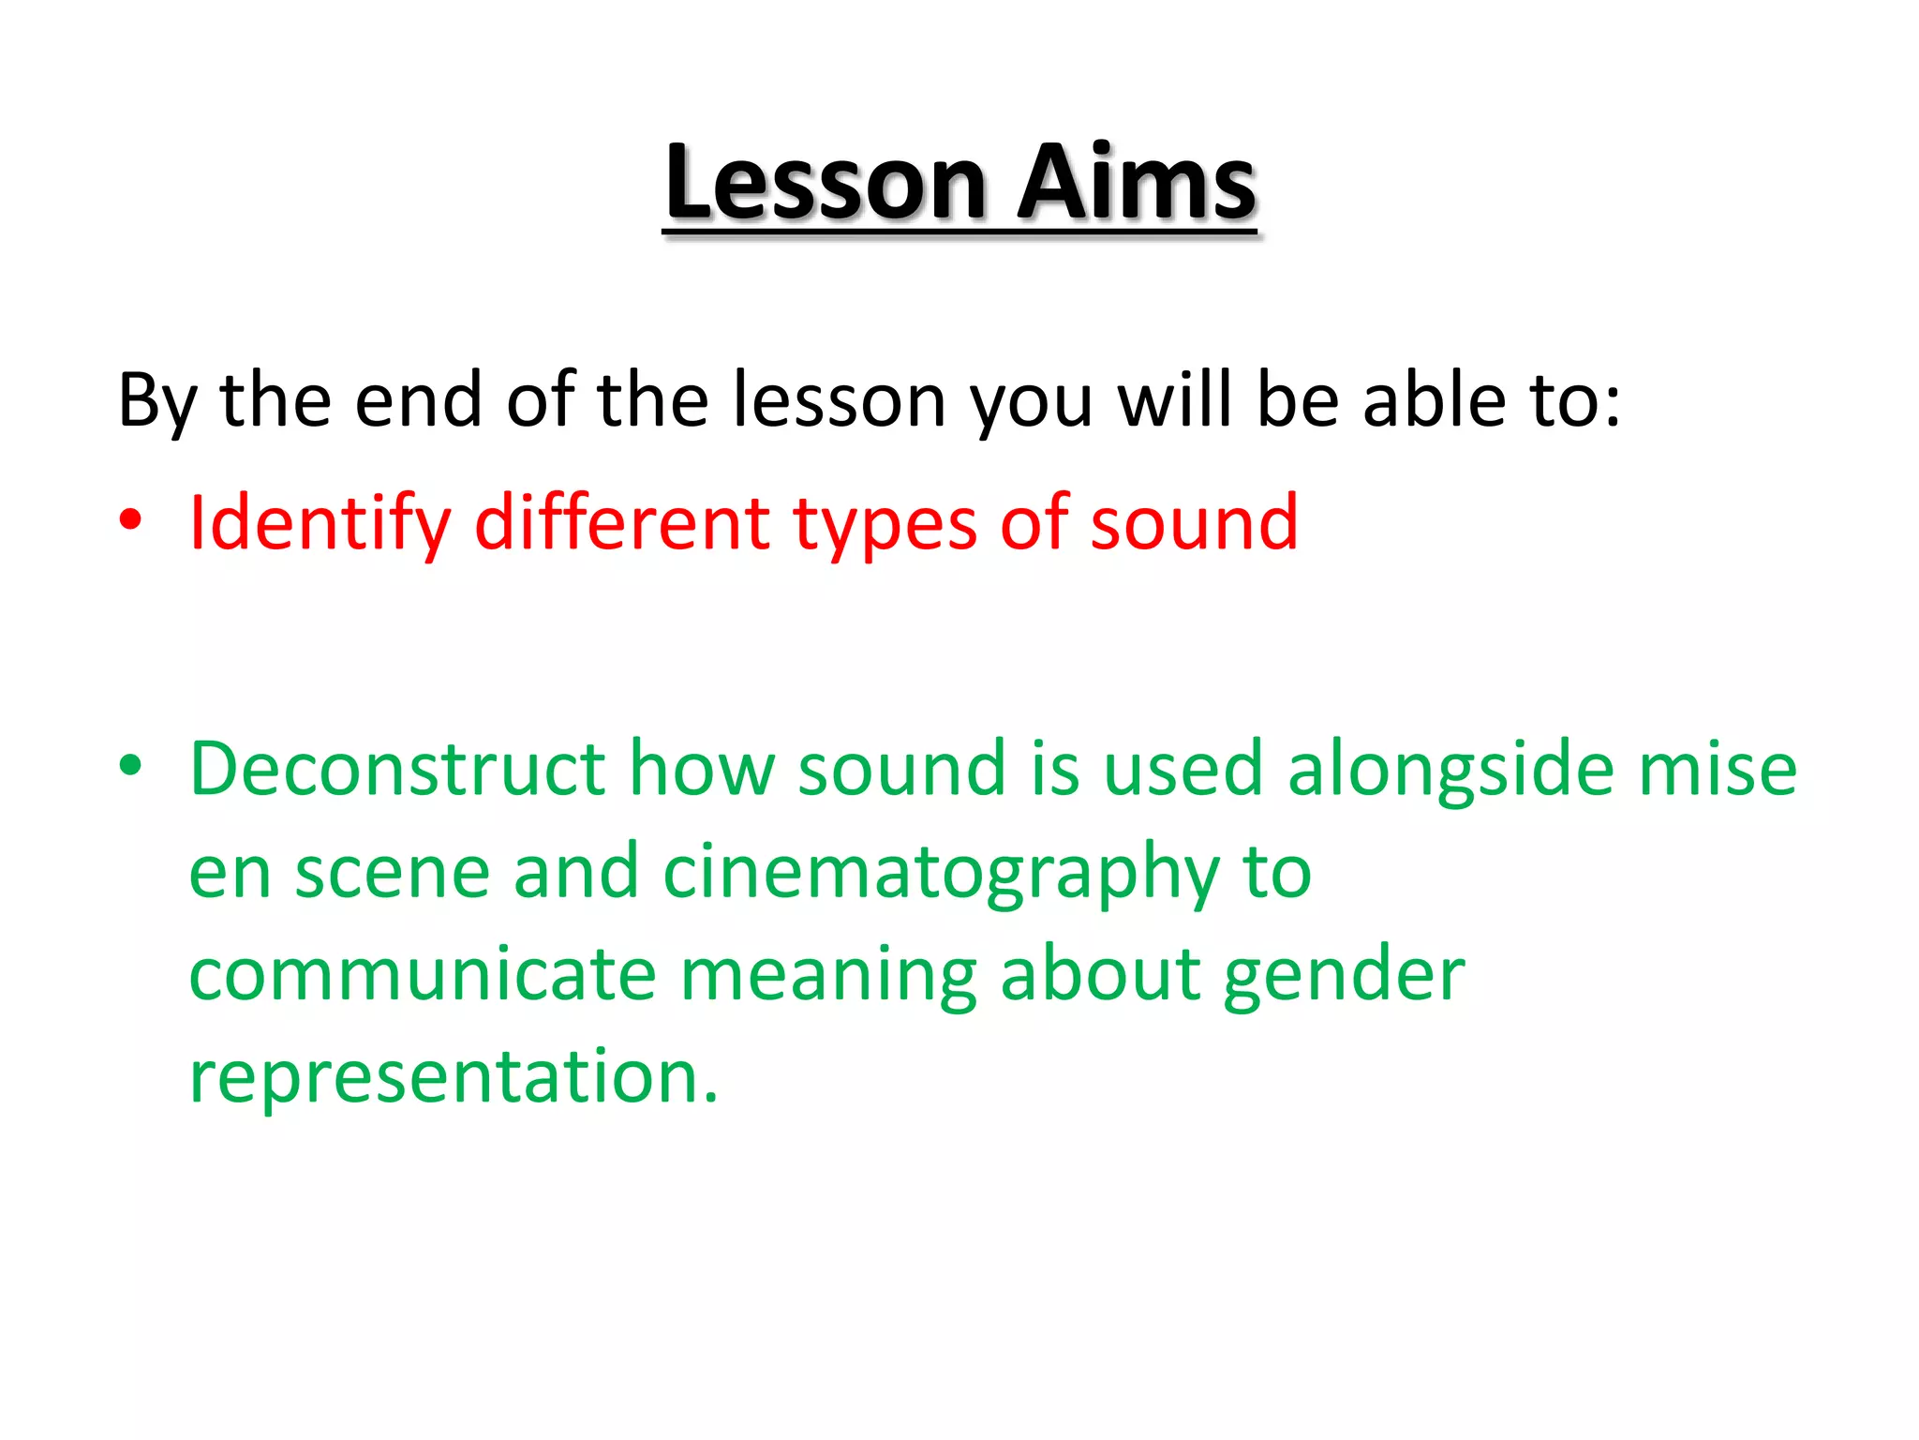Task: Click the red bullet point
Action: pos(130,520)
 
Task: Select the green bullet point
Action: pos(130,766)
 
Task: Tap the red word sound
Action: pos(1194,522)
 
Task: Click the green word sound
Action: pos(901,769)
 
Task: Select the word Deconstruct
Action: pos(397,769)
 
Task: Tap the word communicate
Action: pos(423,975)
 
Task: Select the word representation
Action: pos(454,1078)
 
